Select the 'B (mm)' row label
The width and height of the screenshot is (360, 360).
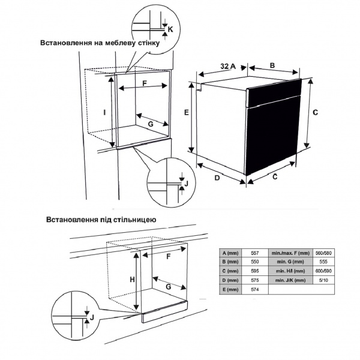[x=230, y=262]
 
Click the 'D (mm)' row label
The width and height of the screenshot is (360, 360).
[x=230, y=281]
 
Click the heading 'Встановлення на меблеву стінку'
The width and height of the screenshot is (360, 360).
[x=100, y=44]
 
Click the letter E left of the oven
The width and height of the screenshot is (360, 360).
[x=187, y=113]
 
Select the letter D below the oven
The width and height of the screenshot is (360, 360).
[x=217, y=178]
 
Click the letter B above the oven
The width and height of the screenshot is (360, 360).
[x=272, y=65]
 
